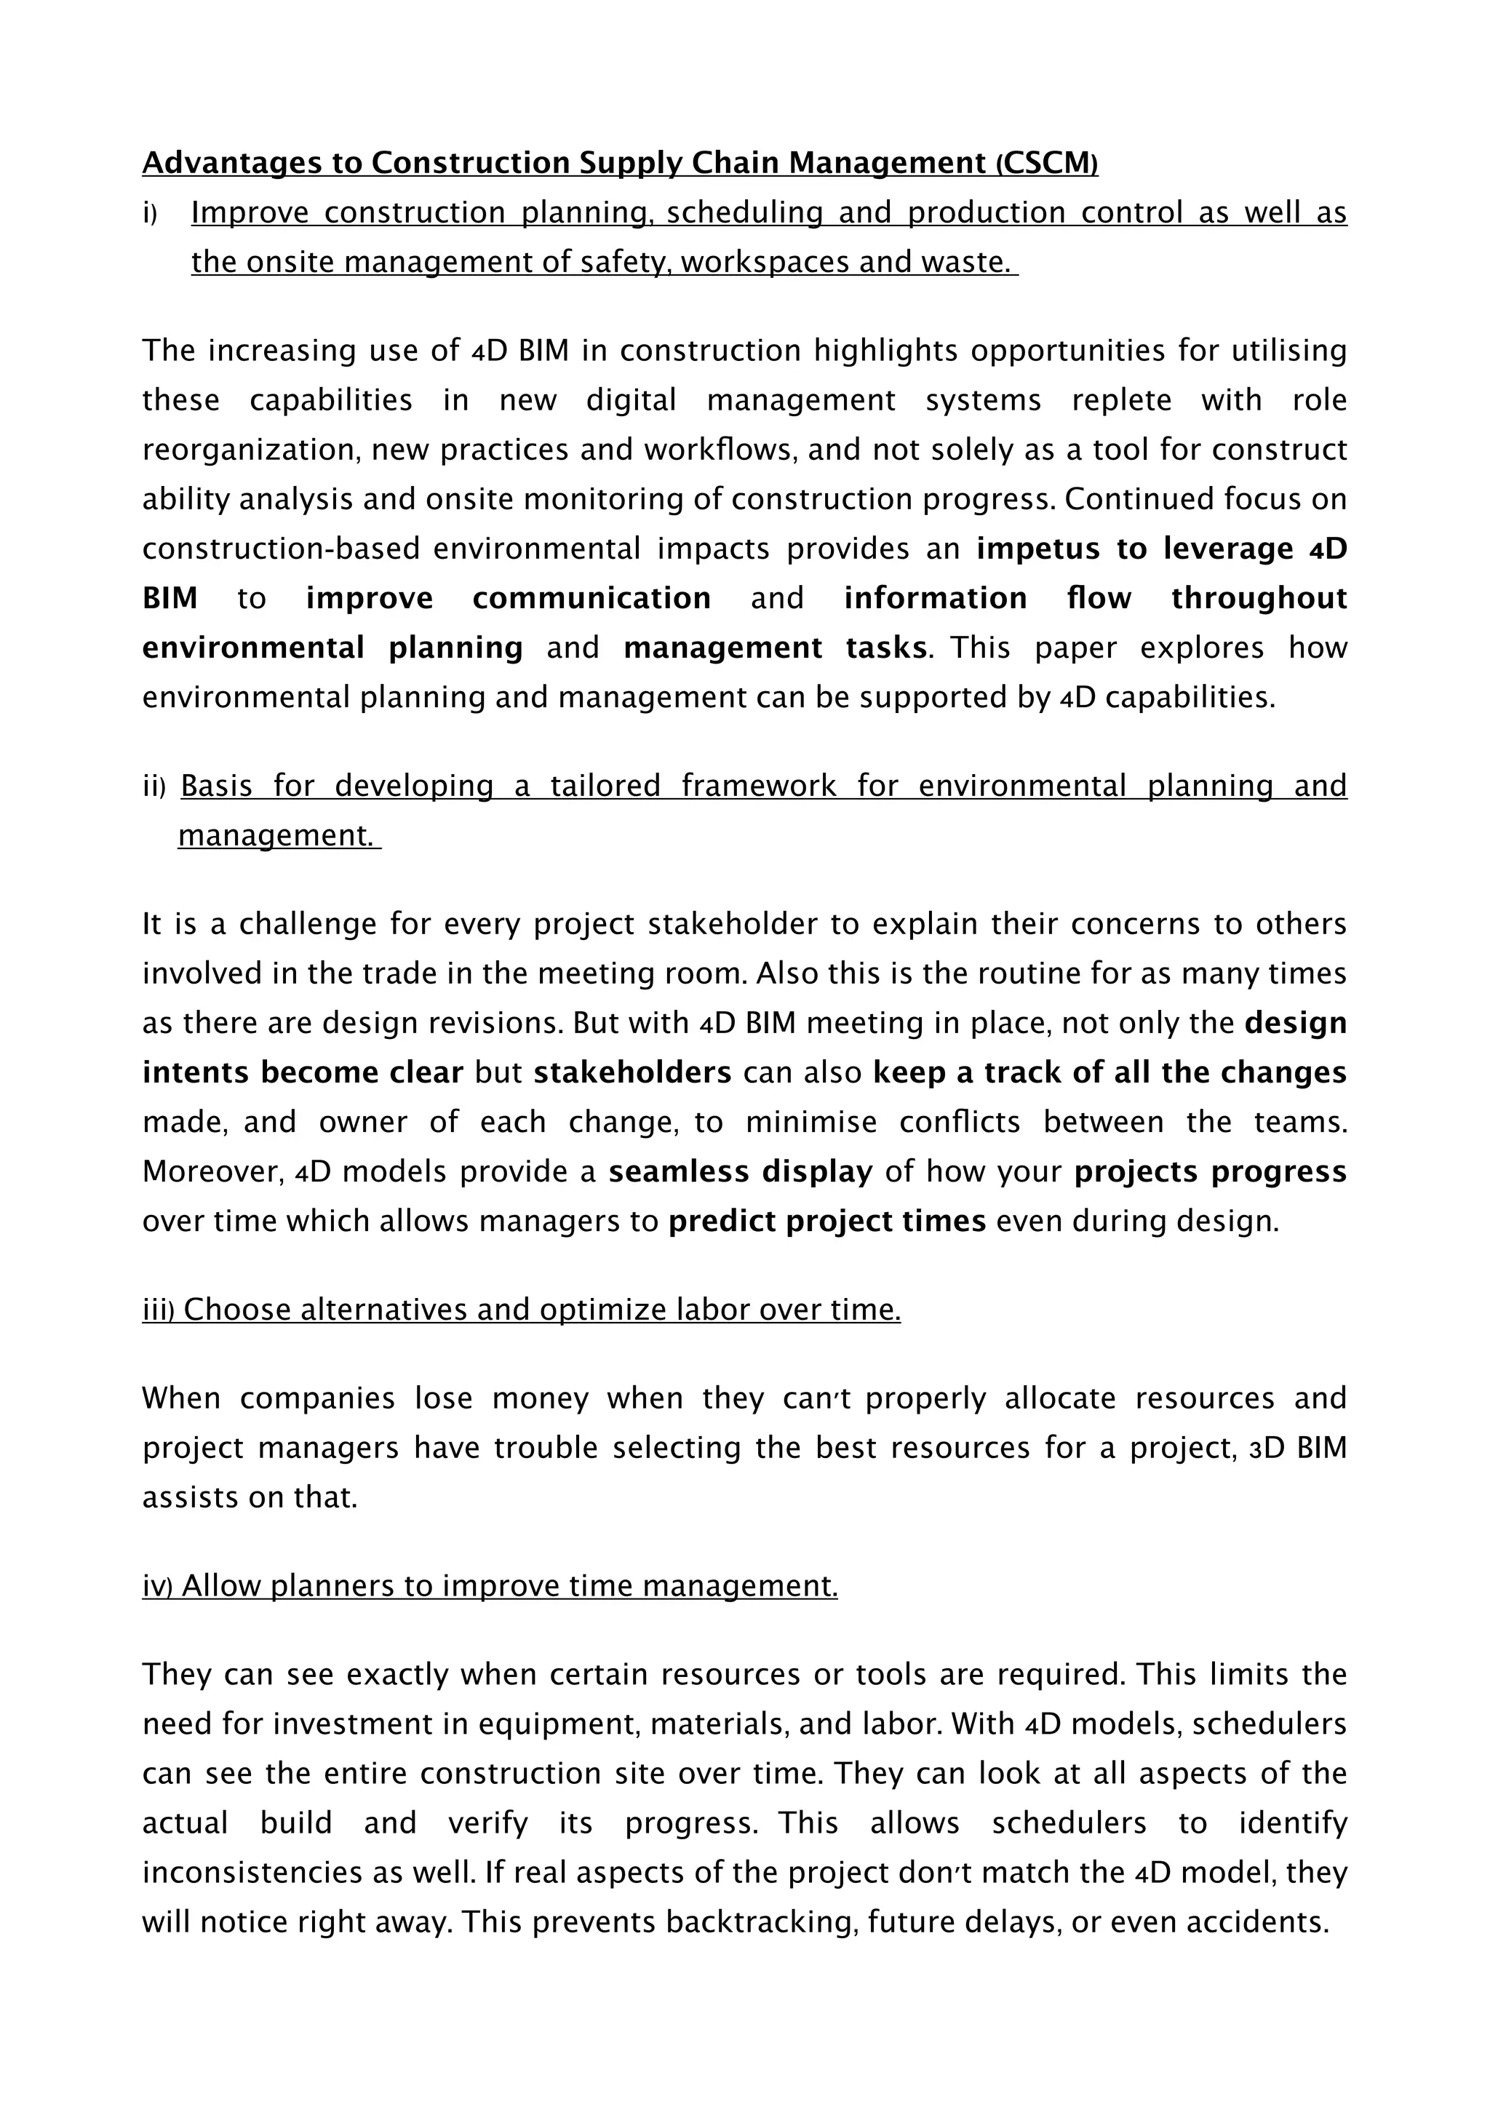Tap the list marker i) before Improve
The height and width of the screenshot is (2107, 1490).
(x=151, y=214)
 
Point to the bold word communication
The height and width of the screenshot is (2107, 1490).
(x=591, y=598)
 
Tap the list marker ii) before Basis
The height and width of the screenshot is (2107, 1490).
(x=154, y=786)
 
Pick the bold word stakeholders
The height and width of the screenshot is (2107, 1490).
(x=632, y=1072)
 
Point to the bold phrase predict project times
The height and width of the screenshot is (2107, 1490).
(x=826, y=1222)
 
